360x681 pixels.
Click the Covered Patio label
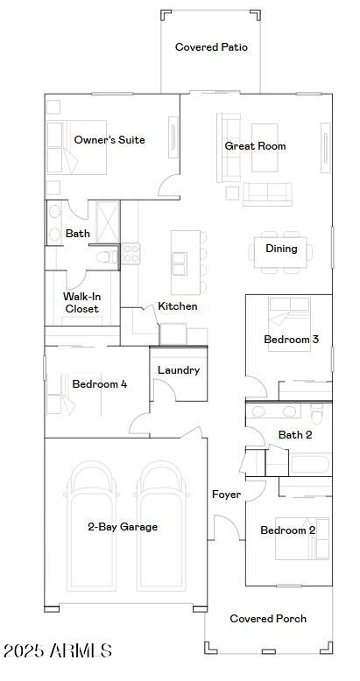(211, 47)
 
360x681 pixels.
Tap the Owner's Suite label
(109, 140)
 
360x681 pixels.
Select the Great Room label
(255, 146)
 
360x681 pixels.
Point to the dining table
(280, 252)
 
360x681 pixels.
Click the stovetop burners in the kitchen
(131, 253)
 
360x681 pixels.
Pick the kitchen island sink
(180, 263)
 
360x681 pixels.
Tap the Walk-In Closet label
(81, 303)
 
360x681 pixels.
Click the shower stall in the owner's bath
(108, 222)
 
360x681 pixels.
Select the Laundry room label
(179, 370)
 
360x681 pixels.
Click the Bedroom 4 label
(100, 384)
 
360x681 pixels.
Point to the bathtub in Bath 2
(310, 464)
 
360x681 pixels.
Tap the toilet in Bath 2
(317, 414)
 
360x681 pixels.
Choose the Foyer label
(226, 495)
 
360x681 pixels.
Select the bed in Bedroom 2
(302, 538)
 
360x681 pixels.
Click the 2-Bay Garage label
(123, 527)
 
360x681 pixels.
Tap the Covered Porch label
(268, 619)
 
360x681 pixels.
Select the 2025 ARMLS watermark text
(58, 650)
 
